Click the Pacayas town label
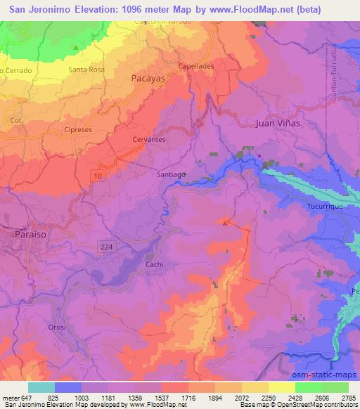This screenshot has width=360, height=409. click(x=148, y=79)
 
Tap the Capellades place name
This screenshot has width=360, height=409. click(x=195, y=65)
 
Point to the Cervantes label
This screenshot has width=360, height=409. click(x=149, y=140)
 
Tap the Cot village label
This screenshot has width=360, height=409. click(x=15, y=120)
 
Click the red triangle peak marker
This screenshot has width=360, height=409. click(x=225, y=222)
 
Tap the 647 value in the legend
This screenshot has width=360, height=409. click(x=28, y=398)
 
